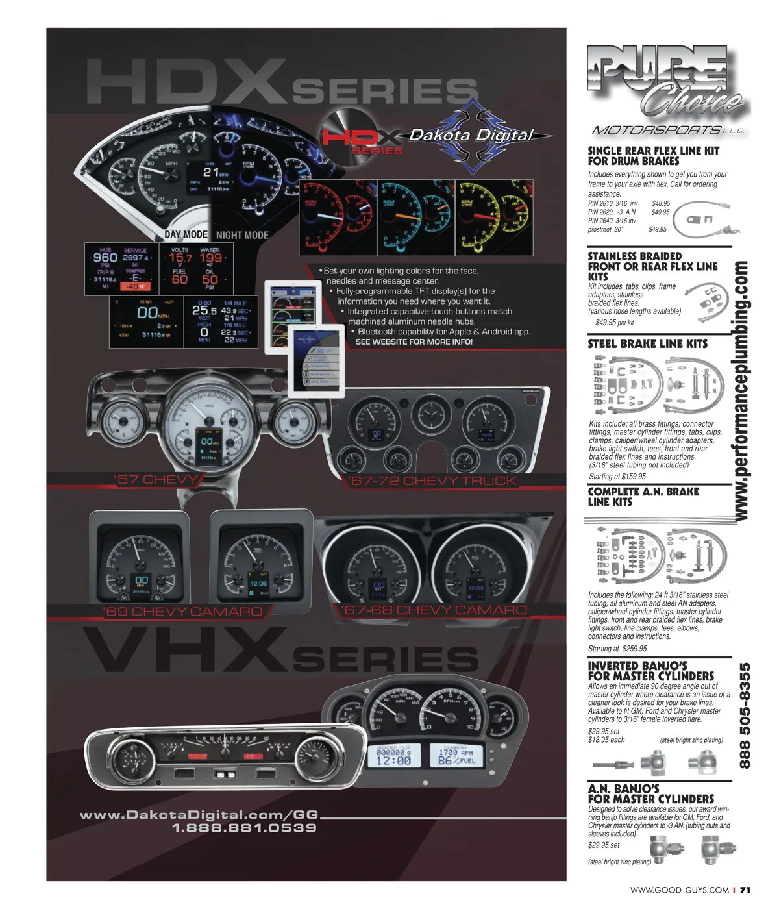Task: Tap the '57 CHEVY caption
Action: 156,480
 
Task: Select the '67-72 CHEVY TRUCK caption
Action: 432,481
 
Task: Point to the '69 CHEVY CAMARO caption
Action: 183,612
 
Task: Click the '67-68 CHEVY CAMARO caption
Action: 434,610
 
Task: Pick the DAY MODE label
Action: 186,234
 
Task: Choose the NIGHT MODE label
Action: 242,235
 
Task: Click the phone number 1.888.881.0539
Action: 244,828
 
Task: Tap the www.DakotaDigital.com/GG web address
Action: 199,815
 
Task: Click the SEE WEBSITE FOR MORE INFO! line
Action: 414,342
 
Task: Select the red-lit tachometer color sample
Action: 338,217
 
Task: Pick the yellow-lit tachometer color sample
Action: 494,217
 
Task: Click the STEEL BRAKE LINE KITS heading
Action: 647,343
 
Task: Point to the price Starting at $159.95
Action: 617,476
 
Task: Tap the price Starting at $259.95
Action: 617,648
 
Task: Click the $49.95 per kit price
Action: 614,322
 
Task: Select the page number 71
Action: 745,890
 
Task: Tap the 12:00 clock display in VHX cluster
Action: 393,760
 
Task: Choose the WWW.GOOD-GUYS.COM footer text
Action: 679,890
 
